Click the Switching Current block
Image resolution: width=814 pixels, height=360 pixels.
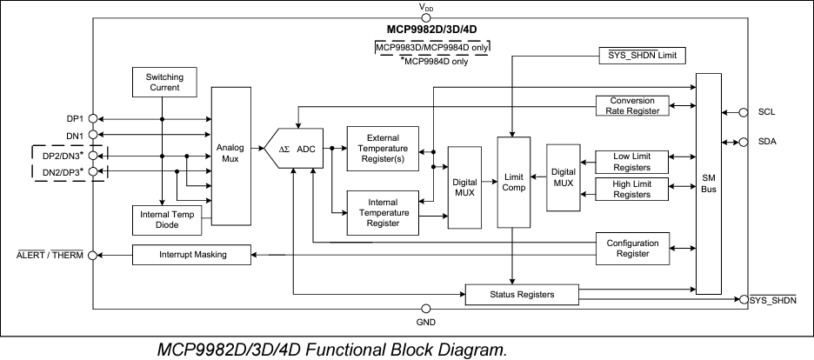click(163, 82)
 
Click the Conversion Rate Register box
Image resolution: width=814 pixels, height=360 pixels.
click(632, 105)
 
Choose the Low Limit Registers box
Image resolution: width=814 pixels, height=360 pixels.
click(632, 161)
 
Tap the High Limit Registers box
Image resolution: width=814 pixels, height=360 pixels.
click(632, 189)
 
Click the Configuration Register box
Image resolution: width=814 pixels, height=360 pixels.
click(632, 248)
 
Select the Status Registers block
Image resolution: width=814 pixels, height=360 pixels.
click(522, 295)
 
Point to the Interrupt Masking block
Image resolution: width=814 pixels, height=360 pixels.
click(192, 255)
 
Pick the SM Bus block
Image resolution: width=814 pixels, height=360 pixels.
click(709, 184)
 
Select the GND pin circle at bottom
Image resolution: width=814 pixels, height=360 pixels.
click(425, 309)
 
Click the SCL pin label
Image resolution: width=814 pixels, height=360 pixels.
click(766, 112)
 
